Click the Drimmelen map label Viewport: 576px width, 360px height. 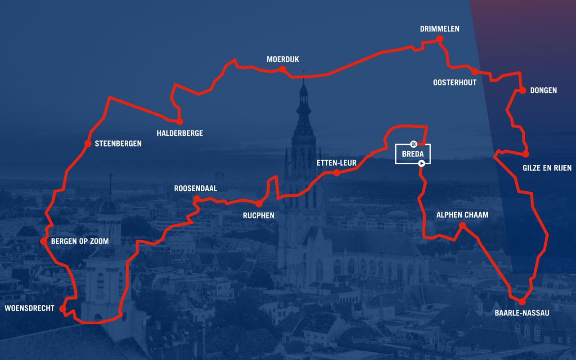tap(440, 29)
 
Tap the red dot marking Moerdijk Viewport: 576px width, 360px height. tap(283, 69)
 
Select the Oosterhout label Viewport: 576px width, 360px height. tap(454, 82)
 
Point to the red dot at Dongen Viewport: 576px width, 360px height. tap(522, 90)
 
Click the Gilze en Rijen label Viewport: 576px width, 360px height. tap(547, 168)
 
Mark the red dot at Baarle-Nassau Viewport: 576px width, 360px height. tap(522, 302)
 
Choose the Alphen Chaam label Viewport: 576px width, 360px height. tap(462, 215)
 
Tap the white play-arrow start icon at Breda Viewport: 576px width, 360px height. tap(421, 163)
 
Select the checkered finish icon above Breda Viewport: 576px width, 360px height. tap(413, 144)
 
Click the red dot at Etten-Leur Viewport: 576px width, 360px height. tap(337, 173)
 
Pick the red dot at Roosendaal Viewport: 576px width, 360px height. tap(197, 199)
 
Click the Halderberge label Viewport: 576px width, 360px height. tap(180, 133)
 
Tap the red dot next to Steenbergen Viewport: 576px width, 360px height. tap(88, 144)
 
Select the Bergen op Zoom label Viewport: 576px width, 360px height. tap(80, 242)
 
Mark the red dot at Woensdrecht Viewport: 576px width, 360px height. tap(63, 309)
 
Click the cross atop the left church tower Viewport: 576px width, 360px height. tap(110, 177)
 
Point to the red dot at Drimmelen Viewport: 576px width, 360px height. tap(440, 40)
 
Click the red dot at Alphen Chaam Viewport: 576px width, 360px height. tap(462, 225)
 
